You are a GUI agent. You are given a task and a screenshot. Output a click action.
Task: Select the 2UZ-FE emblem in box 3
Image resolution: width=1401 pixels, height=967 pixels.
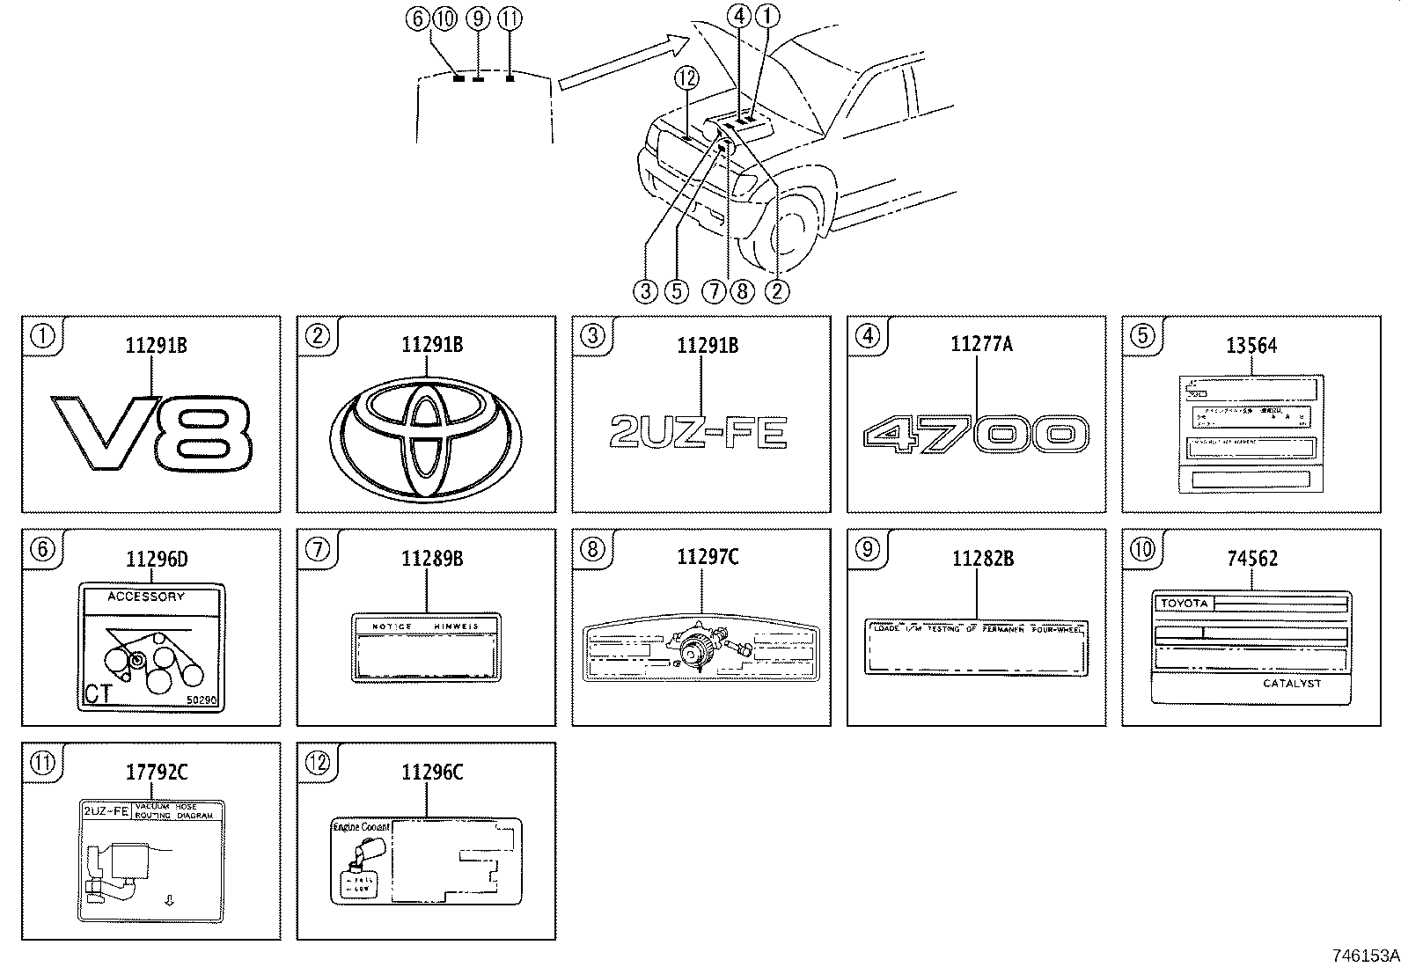click(x=699, y=433)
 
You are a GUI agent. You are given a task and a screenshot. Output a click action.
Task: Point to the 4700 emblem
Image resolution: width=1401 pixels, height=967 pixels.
click(x=976, y=435)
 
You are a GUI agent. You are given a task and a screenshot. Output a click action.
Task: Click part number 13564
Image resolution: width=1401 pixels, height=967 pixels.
click(x=1251, y=346)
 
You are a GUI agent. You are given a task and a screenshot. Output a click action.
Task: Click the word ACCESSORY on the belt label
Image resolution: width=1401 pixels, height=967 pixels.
click(x=146, y=597)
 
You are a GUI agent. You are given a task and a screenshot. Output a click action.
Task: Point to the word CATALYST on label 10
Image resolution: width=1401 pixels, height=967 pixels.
click(x=1291, y=684)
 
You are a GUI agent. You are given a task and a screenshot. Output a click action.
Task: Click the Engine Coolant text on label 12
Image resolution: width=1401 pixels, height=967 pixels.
click(x=361, y=828)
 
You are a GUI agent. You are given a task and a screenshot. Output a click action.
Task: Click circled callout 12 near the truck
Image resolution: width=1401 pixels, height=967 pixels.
click(x=686, y=77)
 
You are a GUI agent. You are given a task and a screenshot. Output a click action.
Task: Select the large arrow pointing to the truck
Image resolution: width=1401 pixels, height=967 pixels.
click(x=625, y=62)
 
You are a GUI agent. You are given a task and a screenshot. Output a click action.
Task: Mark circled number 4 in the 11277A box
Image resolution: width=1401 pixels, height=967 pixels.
click(x=867, y=335)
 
